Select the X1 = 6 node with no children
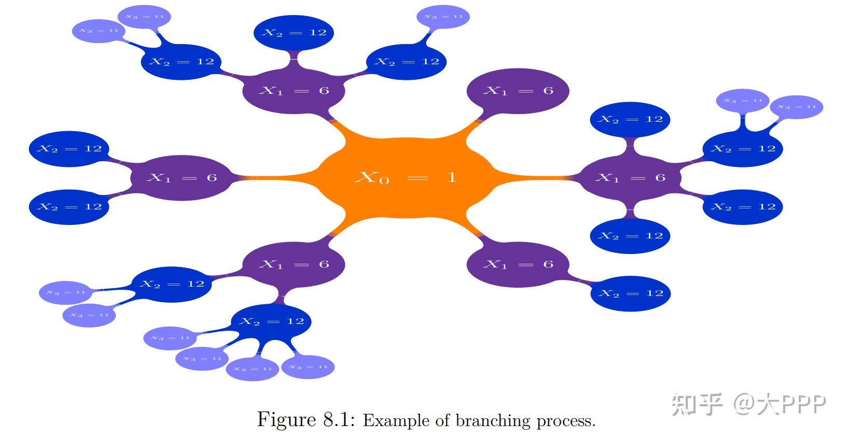coord(518,91)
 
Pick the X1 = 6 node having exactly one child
coord(518,264)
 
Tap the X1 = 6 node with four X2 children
coord(629,178)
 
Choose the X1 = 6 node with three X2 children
coord(294,91)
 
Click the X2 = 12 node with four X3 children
coord(271,321)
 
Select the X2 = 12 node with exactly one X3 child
coord(407,62)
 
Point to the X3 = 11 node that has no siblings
coord(443,17)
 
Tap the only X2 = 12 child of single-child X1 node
coord(630,293)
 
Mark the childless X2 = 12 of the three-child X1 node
coord(294,33)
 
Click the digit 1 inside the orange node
coord(452,177)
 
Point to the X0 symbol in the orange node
coord(371,178)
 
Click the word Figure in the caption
coord(286,419)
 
